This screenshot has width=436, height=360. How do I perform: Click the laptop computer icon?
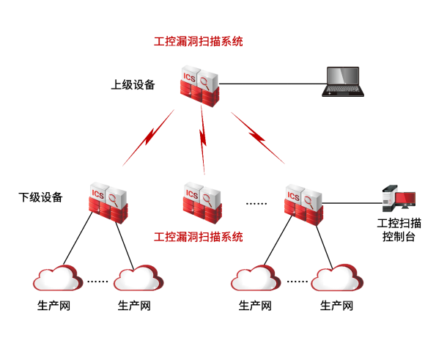pos(343,81)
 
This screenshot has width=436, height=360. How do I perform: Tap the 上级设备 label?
pos(133,84)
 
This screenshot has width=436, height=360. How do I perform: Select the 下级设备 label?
pos(40,197)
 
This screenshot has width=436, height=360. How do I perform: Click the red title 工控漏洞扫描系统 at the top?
pos(199,42)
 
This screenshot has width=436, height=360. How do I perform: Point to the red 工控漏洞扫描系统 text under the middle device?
pos(199,237)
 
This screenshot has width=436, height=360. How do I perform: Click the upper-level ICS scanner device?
pos(199,86)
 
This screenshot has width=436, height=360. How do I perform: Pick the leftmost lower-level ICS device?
pos(108,203)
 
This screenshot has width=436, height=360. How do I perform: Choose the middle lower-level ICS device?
pos(202,203)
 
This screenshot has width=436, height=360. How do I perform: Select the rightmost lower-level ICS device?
pos(303,205)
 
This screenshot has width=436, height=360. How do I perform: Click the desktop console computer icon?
pos(399,199)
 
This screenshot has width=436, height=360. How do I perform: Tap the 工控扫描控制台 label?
pos(399,229)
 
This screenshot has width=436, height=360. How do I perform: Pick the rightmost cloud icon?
pos(337,278)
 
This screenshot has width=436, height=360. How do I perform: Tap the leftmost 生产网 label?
pos(53,306)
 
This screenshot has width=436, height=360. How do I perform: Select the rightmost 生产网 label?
pos(336,306)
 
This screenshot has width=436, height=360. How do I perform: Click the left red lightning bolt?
pos(149,137)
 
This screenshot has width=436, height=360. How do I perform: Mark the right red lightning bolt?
pos(258,138)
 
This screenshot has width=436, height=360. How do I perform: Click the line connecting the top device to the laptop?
pos(273,84)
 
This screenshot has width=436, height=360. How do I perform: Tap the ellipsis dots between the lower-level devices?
pos(256,204)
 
